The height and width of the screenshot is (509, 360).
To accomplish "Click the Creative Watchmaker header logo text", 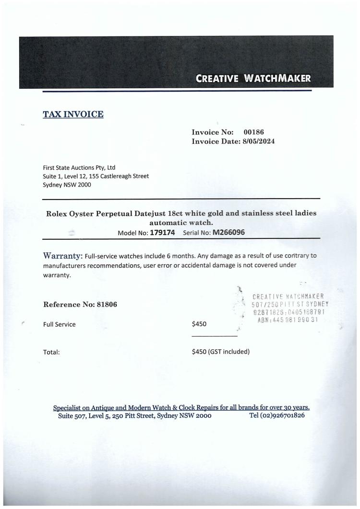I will [253, 78].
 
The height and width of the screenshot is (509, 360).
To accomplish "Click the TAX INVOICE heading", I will [73, 114].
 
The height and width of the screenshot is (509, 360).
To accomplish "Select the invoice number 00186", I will [254, 132].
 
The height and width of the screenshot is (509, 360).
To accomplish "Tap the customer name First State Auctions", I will [79, 167].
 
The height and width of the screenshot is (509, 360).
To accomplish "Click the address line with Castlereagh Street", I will [96, 176].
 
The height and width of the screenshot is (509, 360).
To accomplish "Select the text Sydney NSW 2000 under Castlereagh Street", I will [66, 185].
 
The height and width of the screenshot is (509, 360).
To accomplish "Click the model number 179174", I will [162, 233].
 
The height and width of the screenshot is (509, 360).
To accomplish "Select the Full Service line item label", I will [59, 324].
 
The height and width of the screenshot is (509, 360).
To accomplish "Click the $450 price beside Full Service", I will [199, 324].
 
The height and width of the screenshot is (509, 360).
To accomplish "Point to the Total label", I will [51, 352].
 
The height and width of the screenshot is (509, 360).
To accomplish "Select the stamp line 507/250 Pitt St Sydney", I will [289, 304].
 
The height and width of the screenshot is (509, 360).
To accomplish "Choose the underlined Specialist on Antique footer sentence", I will [181, 408].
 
